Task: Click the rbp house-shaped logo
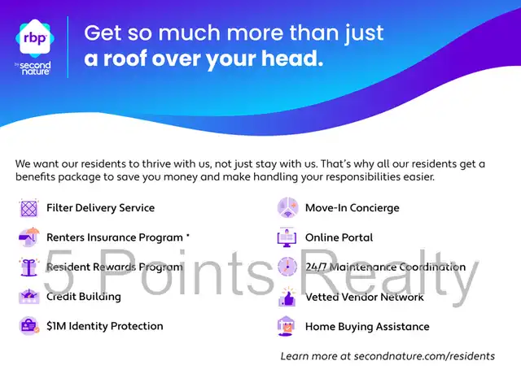35,38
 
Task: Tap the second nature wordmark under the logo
33,68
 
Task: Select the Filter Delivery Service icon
29,208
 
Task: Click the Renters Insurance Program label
115,237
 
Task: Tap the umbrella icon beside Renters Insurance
29,237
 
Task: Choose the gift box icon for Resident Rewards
29,267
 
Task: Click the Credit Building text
84,296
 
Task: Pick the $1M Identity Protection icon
29,326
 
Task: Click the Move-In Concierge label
352,208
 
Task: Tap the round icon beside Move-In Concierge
287,207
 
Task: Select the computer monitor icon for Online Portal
287,237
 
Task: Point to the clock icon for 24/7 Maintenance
287,266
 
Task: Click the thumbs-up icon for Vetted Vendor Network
287,296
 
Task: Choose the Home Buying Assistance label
367,327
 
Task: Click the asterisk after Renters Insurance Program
188,235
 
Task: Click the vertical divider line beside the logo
68,47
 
